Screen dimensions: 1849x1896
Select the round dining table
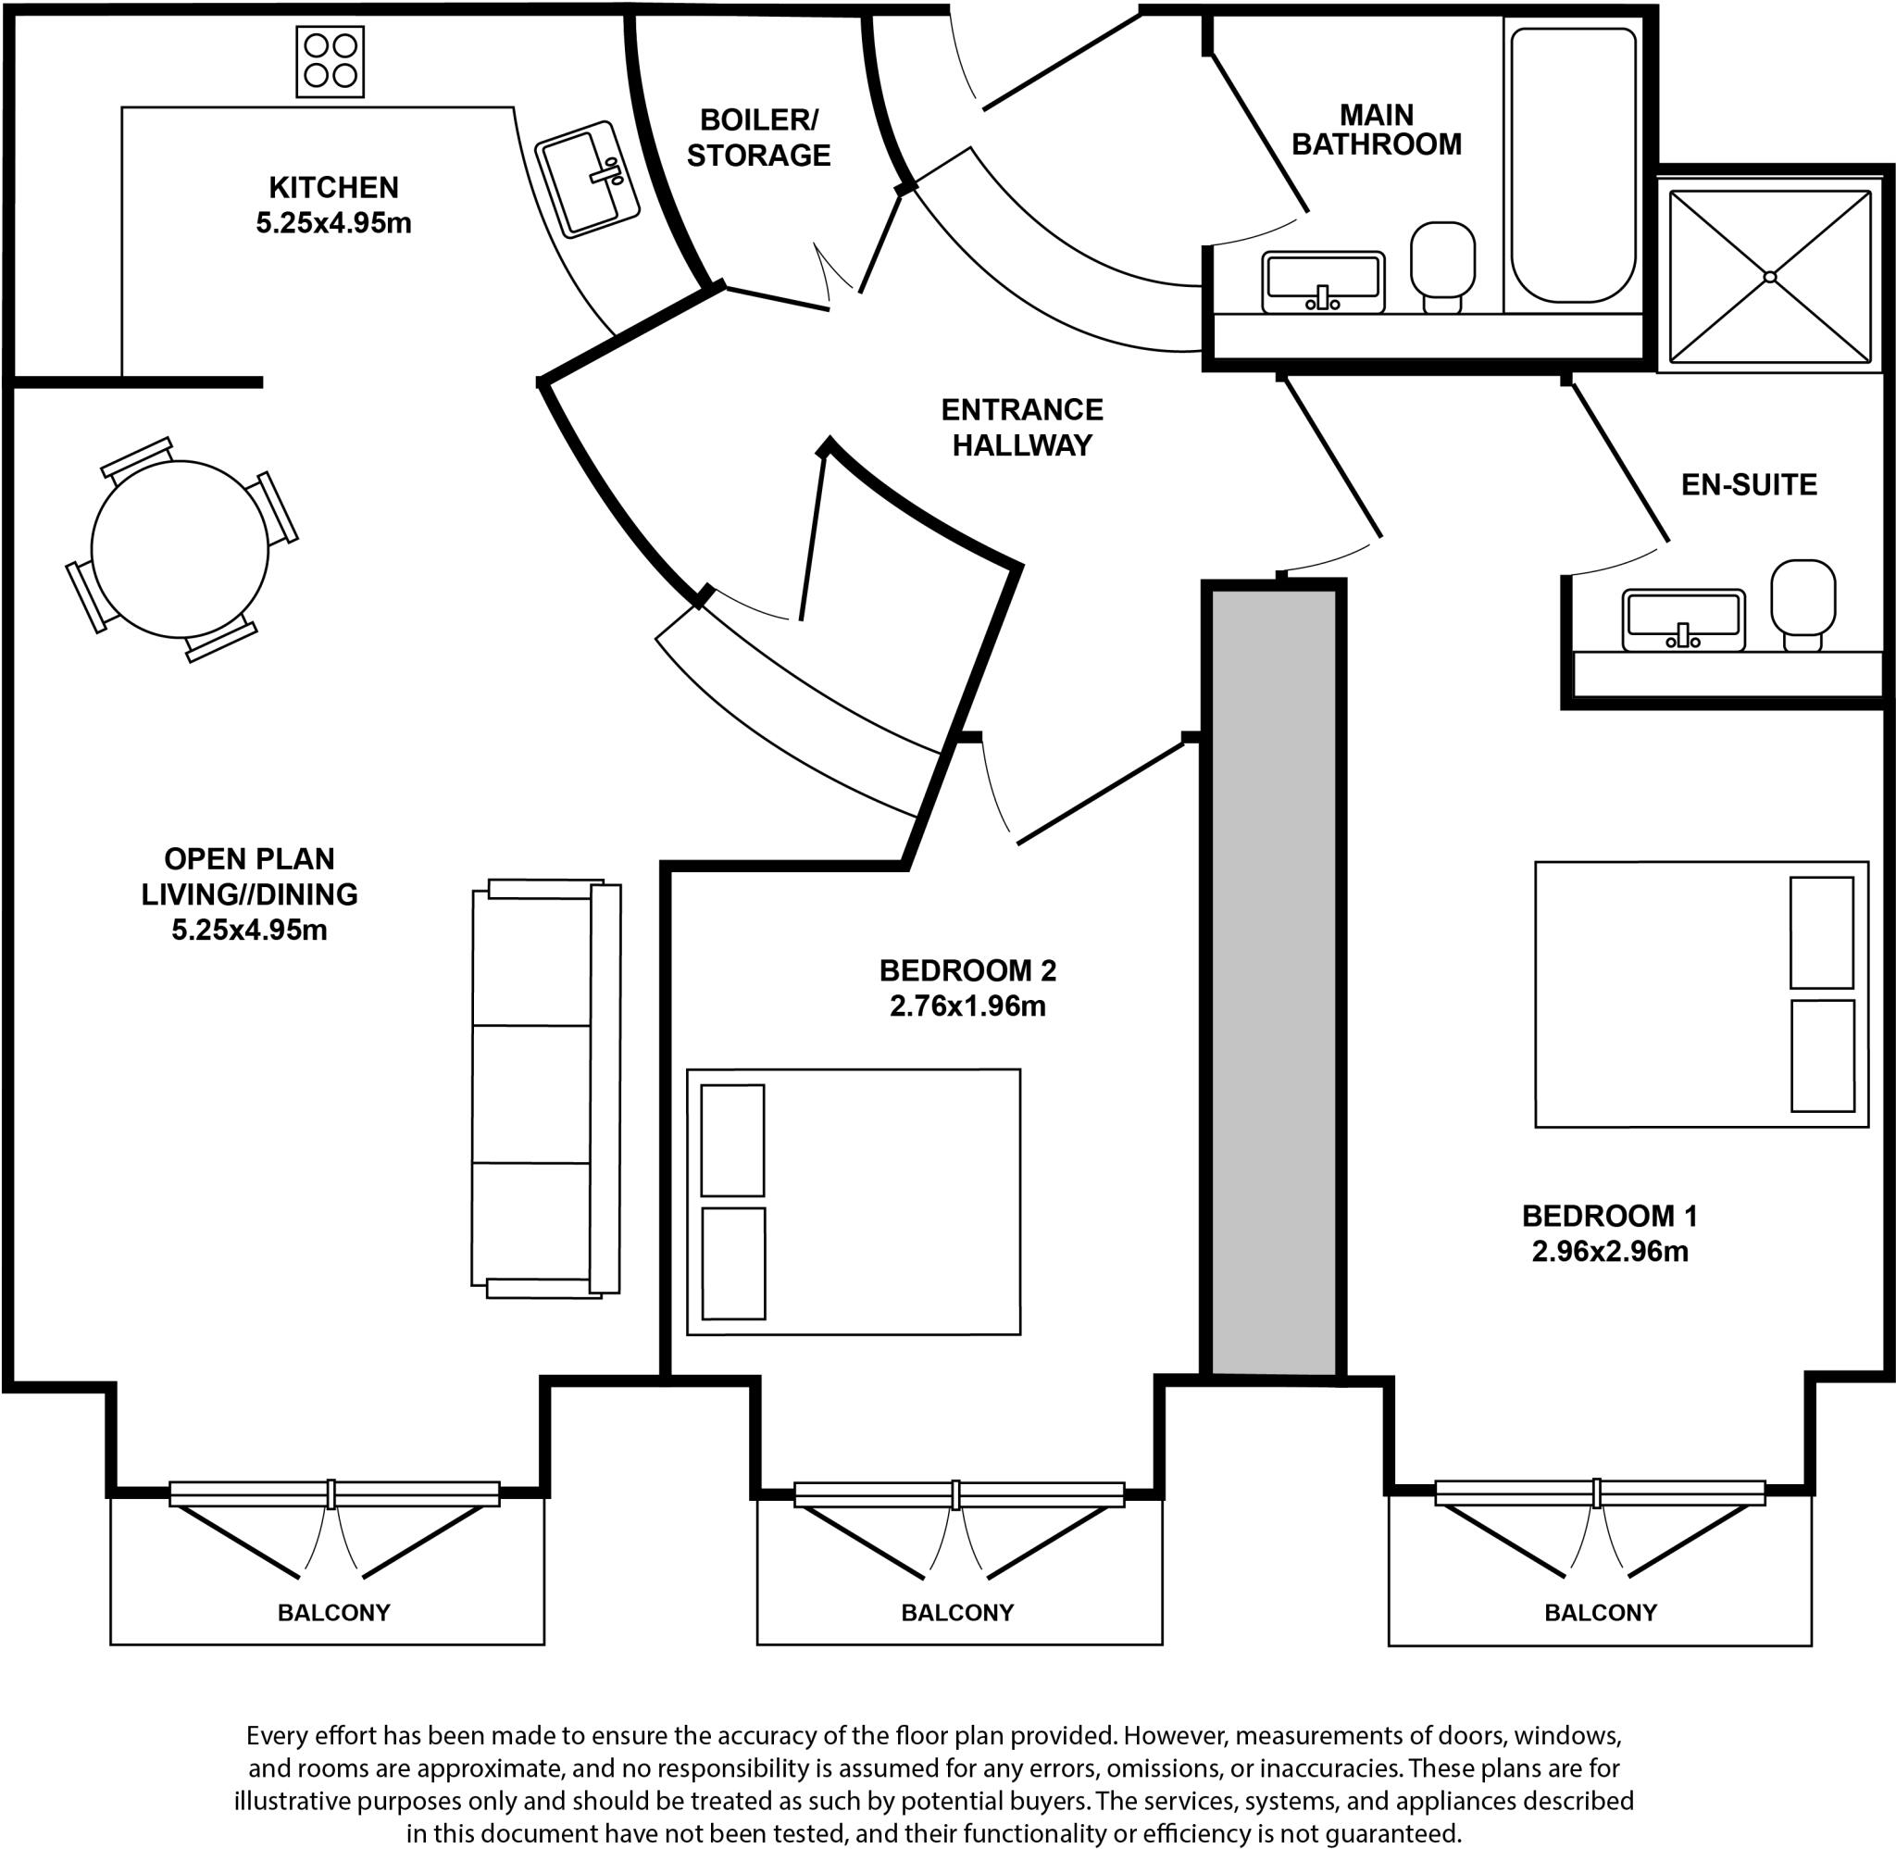180,549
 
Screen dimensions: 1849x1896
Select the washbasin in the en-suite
1683,619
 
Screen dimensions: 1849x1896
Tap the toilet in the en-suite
1802,600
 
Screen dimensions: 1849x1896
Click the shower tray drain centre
1770,277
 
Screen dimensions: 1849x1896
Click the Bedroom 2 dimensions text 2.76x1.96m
967,1006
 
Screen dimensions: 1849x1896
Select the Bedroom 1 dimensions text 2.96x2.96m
1610,1252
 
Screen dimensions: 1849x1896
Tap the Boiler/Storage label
758,137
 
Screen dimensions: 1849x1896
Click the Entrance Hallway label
1021,427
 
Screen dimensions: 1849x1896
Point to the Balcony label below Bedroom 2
957,1613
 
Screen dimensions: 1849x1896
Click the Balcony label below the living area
333,1613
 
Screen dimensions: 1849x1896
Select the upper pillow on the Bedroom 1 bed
1821,932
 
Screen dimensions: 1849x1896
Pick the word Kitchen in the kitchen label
333,186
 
